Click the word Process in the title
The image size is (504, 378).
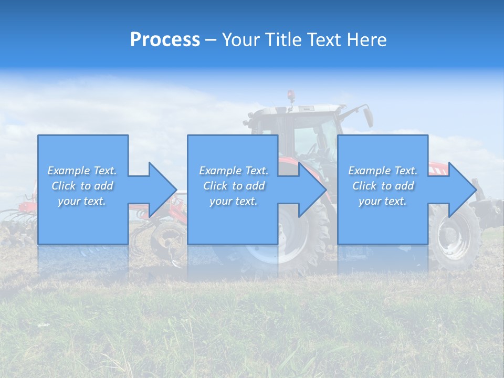click(165, 40)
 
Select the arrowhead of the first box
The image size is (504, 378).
click(162, 190)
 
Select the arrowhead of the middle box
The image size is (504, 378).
click(312, 190)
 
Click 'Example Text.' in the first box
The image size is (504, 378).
click(82, 171)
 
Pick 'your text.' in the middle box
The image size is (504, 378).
click(233, 201)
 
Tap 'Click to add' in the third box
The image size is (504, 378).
click(383, 186)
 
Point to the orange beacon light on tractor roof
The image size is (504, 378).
click(290, 95)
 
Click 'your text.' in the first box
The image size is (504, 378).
click(82, 201)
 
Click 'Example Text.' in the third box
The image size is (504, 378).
click(383, 171)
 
